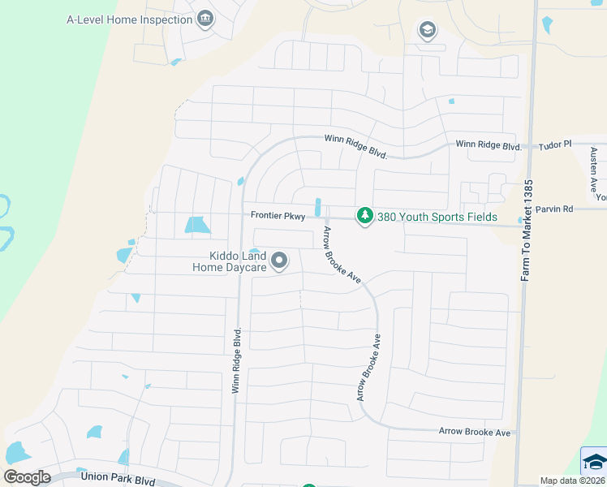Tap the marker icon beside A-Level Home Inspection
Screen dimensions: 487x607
[205, 19]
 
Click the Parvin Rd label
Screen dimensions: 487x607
[557, 209]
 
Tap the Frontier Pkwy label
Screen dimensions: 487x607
[278, 216]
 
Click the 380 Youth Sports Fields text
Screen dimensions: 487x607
[437, 217]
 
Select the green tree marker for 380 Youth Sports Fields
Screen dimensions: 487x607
[365, 216]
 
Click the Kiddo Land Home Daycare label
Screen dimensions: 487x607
[229, 261]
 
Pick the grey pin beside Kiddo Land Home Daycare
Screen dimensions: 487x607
[280, 261]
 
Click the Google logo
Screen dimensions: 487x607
[27, 477]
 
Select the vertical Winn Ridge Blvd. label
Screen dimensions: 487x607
[237, 361]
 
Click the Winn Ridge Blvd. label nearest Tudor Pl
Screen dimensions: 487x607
[488, 145]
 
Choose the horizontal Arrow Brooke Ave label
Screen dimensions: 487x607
[475, 433]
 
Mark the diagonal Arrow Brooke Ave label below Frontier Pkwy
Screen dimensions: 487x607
[342, 254]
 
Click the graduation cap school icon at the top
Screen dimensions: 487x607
[427, 31]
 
